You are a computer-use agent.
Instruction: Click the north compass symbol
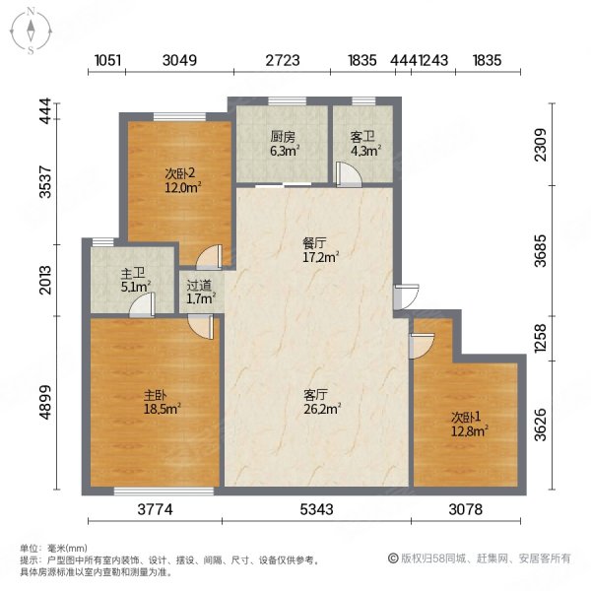point(32,30)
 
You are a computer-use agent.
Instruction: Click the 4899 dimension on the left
point(44,402)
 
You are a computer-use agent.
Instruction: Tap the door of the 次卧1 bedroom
point(421,346)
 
